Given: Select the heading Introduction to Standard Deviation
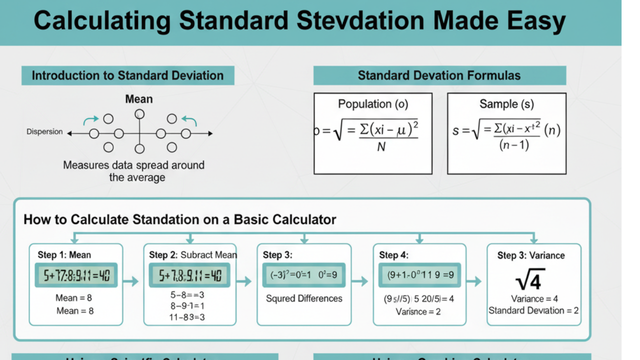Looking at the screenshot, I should click(127, 75).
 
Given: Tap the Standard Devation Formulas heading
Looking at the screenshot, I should click(439, 75).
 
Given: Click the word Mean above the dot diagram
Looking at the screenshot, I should click(139, 99).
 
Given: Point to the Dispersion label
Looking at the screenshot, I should click(44, 132).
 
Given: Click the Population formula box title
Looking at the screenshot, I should click(373, 104).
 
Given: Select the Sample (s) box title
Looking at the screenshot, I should click(506, 104).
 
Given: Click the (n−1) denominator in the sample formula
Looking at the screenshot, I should click(514, 145).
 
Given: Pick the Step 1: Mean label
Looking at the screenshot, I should click(64, 255).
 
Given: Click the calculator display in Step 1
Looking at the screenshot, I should click(76, 275).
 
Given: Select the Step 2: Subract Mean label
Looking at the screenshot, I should click(193, 255).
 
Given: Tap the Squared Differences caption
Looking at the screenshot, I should click(304, 298).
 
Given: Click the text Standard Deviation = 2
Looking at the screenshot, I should click(533, 310).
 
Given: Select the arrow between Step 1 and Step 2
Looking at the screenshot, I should click(130, 282).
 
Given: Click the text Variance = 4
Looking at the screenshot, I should click(534, 298).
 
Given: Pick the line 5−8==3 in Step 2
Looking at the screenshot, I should click(187, 295).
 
